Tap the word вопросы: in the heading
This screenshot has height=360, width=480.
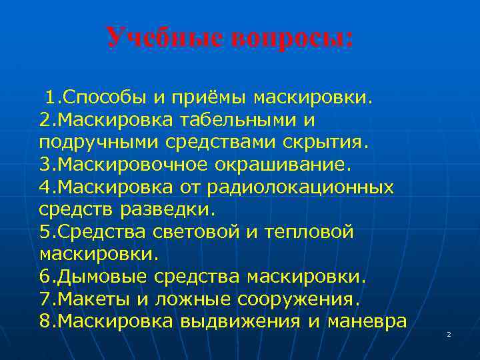tap(293, 37)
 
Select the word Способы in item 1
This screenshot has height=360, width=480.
tap(104, 99)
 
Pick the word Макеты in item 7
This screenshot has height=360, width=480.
tap(95, 298)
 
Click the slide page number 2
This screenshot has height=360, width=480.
tap(449, 333)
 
